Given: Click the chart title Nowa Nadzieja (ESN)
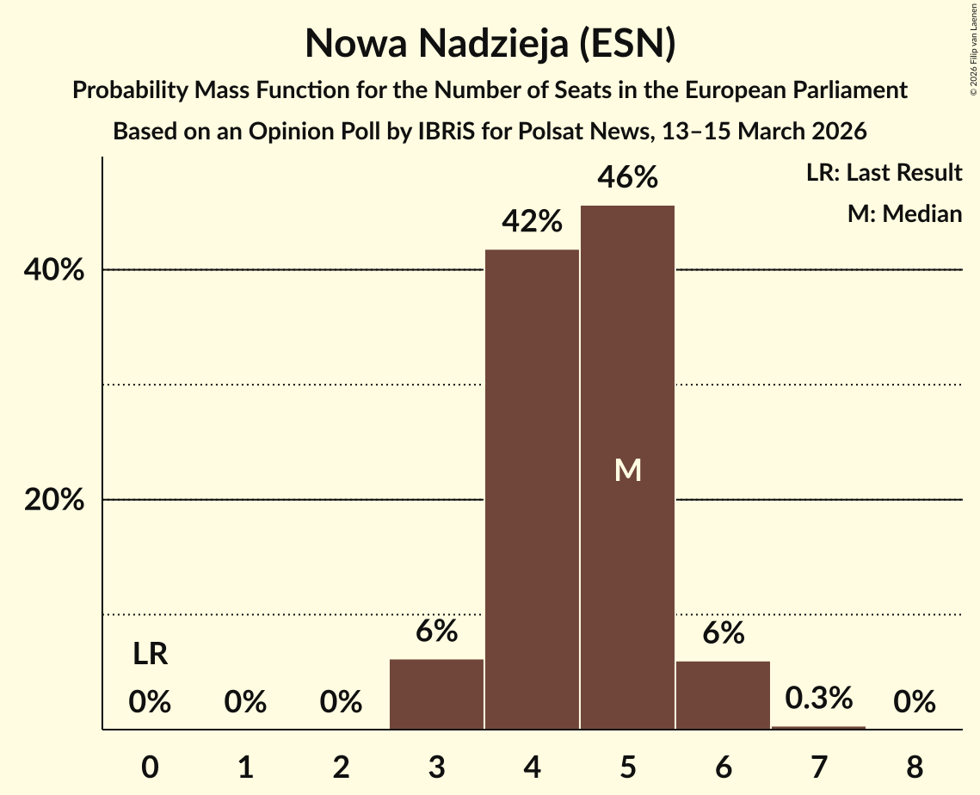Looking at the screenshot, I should click(490, 43).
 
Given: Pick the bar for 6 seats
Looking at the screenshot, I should click(723, 694).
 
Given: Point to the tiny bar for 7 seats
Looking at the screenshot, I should click(818, 727).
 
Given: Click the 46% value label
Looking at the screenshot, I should click(627, 177).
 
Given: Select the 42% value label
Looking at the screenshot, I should click(532, 222).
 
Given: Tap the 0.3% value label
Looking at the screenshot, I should click(818, 697).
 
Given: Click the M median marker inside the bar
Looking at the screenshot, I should click(627, 470).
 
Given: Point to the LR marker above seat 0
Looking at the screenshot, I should click(150, 656).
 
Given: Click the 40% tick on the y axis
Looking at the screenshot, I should click(54, 270).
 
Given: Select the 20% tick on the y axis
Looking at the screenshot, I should click(54, 500).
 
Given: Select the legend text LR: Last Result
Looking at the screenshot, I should click(884, 173).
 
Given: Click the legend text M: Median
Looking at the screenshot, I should click(904, 213).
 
